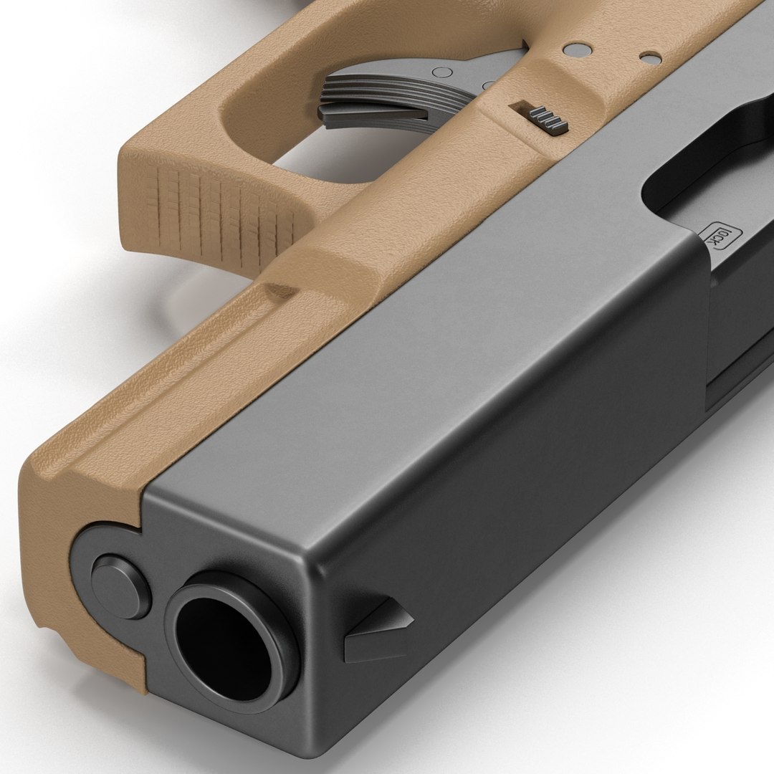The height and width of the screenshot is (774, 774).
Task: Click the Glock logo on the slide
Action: click(718, 241)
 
